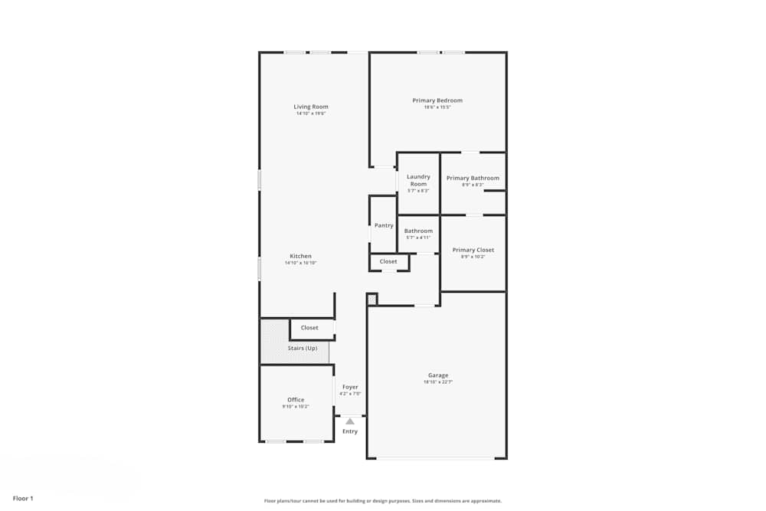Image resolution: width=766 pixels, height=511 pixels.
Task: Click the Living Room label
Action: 311,106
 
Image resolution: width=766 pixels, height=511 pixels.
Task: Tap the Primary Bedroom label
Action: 437,100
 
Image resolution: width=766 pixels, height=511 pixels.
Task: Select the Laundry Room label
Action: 418,180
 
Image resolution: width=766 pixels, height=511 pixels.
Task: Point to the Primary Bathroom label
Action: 473,178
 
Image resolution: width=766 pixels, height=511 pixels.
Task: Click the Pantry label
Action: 384,225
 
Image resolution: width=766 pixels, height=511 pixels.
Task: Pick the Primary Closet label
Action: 473,250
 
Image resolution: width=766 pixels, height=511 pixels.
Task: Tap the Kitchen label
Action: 300,256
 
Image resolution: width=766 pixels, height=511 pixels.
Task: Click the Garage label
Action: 438,375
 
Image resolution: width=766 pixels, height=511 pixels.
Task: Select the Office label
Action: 296,400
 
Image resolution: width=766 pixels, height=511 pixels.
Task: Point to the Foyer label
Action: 350,387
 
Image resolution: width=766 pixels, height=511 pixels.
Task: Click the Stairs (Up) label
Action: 302,348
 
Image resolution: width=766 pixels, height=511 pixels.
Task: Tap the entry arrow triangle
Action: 350,421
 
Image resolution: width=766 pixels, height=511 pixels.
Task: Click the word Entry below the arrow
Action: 350,431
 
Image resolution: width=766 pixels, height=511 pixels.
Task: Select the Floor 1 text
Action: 23,498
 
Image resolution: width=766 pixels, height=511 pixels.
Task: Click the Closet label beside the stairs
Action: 309,327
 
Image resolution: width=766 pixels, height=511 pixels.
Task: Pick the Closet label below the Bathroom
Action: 388,261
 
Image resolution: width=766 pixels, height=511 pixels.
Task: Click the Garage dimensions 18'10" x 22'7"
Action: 438,382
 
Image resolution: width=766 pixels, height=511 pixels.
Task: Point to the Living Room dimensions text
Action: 311,113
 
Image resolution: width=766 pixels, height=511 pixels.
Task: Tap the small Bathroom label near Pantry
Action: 418,231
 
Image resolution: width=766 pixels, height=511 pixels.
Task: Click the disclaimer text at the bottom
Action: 383,501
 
